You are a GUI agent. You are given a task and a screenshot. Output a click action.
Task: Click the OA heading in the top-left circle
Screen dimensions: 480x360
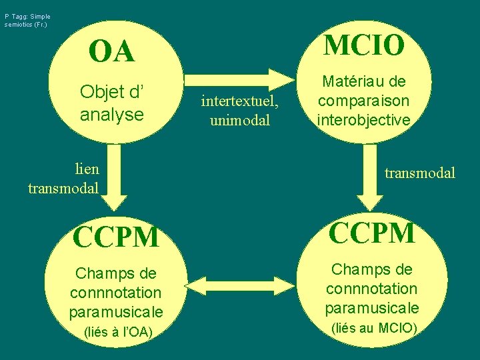point(111,52)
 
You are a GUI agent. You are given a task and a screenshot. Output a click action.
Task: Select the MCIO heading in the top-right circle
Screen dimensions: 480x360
point(364,45)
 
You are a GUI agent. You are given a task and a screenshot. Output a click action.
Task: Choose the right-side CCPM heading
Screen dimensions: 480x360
point(372,233)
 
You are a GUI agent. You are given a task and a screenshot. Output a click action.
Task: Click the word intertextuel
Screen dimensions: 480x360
point(239,103)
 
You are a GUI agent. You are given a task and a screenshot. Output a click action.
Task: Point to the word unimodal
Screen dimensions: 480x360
point(239,120)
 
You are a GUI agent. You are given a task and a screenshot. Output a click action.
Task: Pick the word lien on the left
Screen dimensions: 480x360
point(87,170)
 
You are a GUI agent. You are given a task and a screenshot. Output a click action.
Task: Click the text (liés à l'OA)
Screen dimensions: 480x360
point(117,332)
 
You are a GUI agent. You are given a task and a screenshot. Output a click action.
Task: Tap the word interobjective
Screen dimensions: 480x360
point(363,120)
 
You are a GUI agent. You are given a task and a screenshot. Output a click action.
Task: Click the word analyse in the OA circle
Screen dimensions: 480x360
point(111,114)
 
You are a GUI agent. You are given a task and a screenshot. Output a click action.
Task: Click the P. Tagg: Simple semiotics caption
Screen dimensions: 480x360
point(27,20)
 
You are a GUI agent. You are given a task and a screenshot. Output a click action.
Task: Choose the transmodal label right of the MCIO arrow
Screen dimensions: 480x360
point(420,173)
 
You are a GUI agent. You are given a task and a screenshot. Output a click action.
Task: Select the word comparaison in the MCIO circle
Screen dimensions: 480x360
point(364,101)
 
